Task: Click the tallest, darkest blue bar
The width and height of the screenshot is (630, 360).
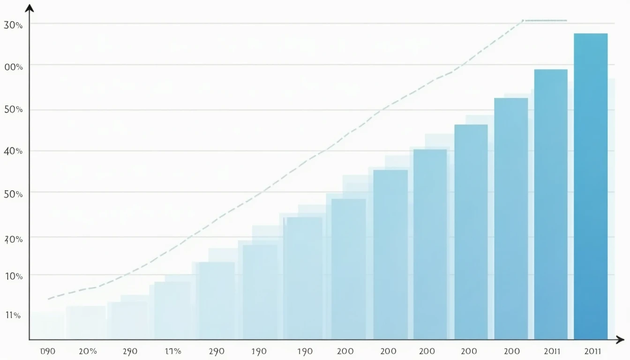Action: click(590, 187)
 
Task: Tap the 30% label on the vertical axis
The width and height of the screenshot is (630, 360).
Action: click(13, 25)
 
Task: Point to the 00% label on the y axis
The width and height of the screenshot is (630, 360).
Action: click(13, 67)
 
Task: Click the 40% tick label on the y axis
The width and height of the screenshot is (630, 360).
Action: click(13, 151)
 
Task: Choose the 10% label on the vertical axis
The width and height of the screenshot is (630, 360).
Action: click(14, 276)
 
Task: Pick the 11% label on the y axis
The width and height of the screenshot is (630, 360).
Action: click(13, 315)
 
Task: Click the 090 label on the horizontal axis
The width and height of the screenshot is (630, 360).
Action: click(48, 351)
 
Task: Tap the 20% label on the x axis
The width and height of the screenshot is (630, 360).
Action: click(88, 351)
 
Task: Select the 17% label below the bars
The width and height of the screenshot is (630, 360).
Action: click(173, 351)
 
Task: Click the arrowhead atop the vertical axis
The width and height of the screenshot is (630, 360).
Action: click(30, 8)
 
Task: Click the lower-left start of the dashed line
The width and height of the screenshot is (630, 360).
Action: click(49, 299)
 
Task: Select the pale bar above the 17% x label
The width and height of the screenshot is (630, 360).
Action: click(172, 309)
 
